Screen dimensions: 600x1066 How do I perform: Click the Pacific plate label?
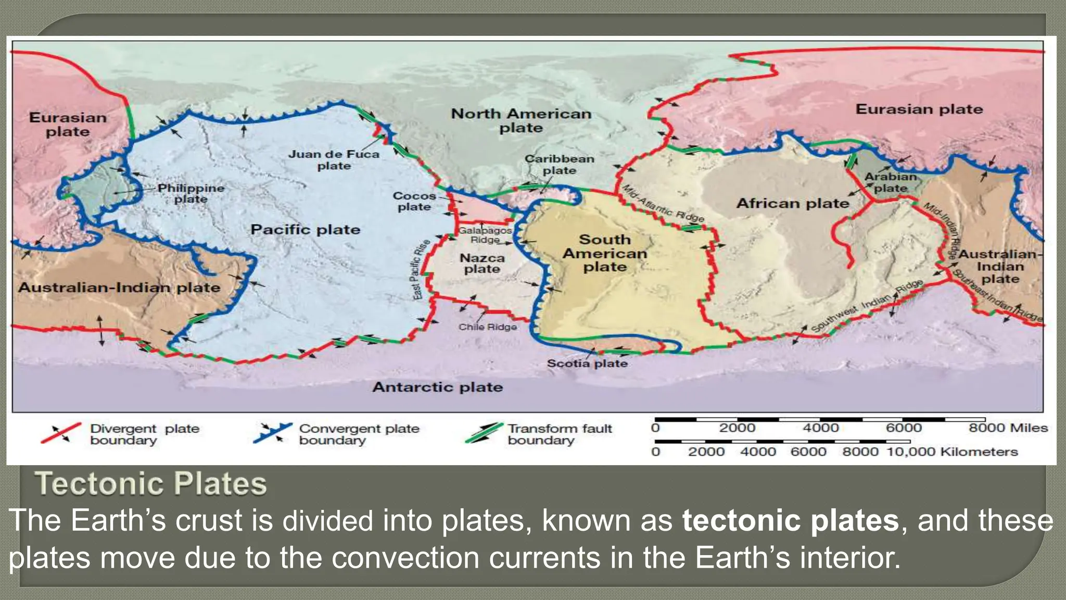305,230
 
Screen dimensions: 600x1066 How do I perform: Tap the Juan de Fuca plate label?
334,160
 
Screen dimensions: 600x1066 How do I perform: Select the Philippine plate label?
191,193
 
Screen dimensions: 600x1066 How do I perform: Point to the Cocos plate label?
414,201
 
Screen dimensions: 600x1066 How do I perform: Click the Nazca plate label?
482,263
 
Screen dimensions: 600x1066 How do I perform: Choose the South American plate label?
605,253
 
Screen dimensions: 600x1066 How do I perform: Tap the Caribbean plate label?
559,164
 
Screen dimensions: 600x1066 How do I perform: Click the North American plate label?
521,120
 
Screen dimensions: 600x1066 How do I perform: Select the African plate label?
792,203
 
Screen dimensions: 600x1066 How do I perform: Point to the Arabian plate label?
891,182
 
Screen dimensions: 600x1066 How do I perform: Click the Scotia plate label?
587,364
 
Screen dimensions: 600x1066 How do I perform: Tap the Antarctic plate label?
438,387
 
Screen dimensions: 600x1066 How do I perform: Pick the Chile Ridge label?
488,327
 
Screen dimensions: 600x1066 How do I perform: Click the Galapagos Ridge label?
485,235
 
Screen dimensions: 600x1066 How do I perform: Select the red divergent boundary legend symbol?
61,433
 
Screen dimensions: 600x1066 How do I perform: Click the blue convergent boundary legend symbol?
272,433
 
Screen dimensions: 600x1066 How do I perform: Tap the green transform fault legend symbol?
484,433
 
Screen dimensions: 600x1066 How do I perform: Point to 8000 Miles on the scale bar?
1008,428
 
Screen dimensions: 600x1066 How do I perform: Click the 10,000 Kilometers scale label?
952,452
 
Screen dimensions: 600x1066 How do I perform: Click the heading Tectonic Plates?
151,483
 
